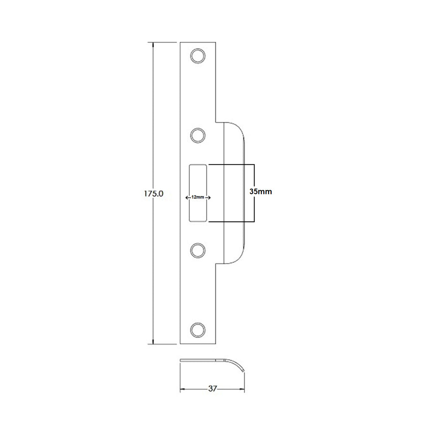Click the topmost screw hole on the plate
pos(197,56)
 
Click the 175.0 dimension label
pos(153,194)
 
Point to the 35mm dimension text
pos(261,191)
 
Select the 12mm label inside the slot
pos(197,197)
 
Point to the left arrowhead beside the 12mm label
pos(187,197)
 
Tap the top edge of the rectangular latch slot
pos(198,164)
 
